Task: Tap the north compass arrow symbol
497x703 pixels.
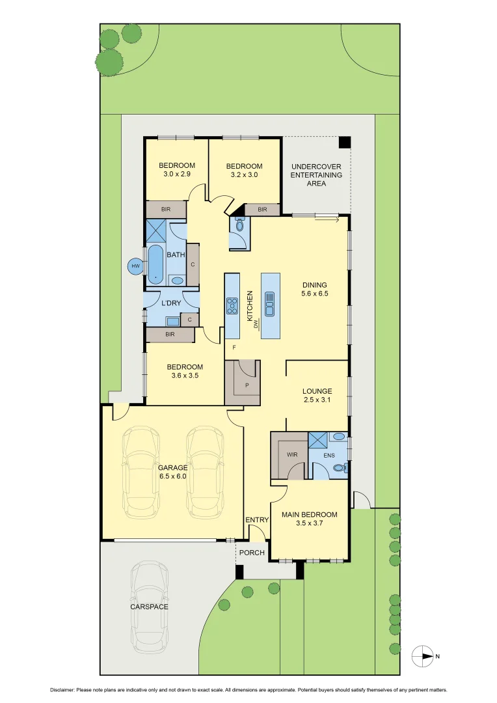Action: [423, 656]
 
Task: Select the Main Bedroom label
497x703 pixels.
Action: [309, 519]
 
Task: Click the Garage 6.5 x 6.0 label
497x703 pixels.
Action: [172, 472]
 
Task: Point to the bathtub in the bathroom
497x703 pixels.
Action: [156, 264]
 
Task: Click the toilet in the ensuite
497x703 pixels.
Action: [339, 467]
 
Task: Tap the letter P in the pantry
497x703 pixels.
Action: [247, 385]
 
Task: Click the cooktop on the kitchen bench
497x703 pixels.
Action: [232, 305]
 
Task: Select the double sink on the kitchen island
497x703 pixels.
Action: [270, 303]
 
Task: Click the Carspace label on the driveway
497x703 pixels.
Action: [149, 607]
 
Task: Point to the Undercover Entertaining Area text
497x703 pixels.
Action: [316, 175]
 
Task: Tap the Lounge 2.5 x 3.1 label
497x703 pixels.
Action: [317, 396]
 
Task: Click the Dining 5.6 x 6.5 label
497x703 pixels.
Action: [314, 289]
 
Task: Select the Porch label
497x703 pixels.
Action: [252, 553]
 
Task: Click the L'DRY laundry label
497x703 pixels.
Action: [171, 303]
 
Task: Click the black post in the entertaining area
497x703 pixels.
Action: [344, 142]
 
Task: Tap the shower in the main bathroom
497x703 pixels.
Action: [157, 230]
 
